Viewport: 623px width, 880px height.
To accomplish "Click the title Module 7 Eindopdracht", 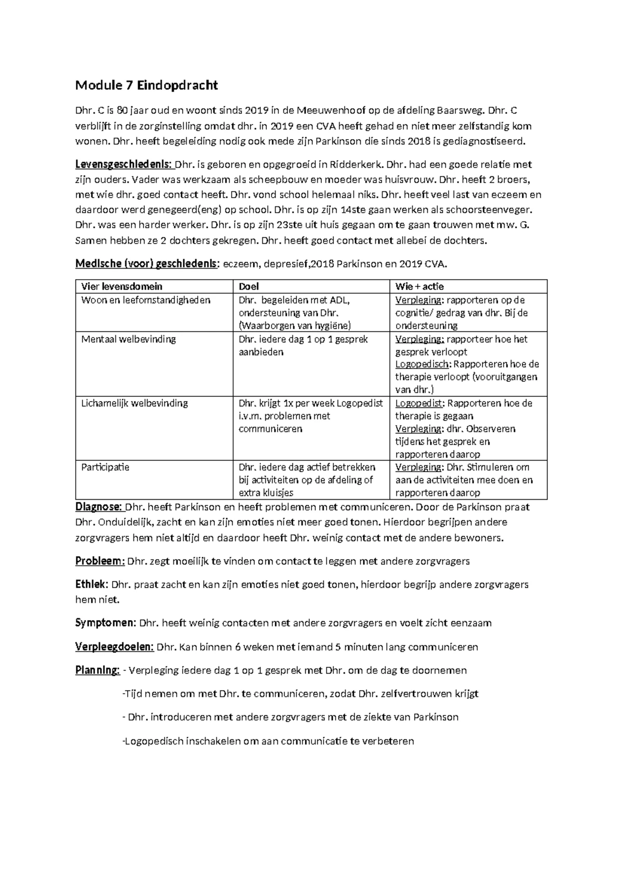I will pos(146,86).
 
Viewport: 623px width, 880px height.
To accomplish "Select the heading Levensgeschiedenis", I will pos(124,165).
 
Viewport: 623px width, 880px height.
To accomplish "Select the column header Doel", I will pos(249,286).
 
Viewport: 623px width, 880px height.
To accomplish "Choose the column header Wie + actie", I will pos(419,286).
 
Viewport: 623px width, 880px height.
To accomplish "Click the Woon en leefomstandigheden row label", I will pos(146,300).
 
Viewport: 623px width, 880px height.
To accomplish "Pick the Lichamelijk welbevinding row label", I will pos(134,403).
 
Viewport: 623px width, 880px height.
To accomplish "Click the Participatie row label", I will pos(105,467).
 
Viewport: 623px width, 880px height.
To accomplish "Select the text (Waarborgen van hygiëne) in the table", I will pos(295,326).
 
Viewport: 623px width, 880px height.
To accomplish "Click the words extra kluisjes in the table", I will pos(266,493).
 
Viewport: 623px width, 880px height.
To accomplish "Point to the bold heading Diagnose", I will pos(99,507).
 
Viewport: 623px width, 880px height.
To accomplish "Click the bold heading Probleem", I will pos(100,561).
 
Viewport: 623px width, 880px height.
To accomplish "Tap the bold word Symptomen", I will pos(105,623).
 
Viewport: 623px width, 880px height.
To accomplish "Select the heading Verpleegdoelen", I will pos(114,647).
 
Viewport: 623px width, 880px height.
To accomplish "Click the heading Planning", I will pos(97,670).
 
